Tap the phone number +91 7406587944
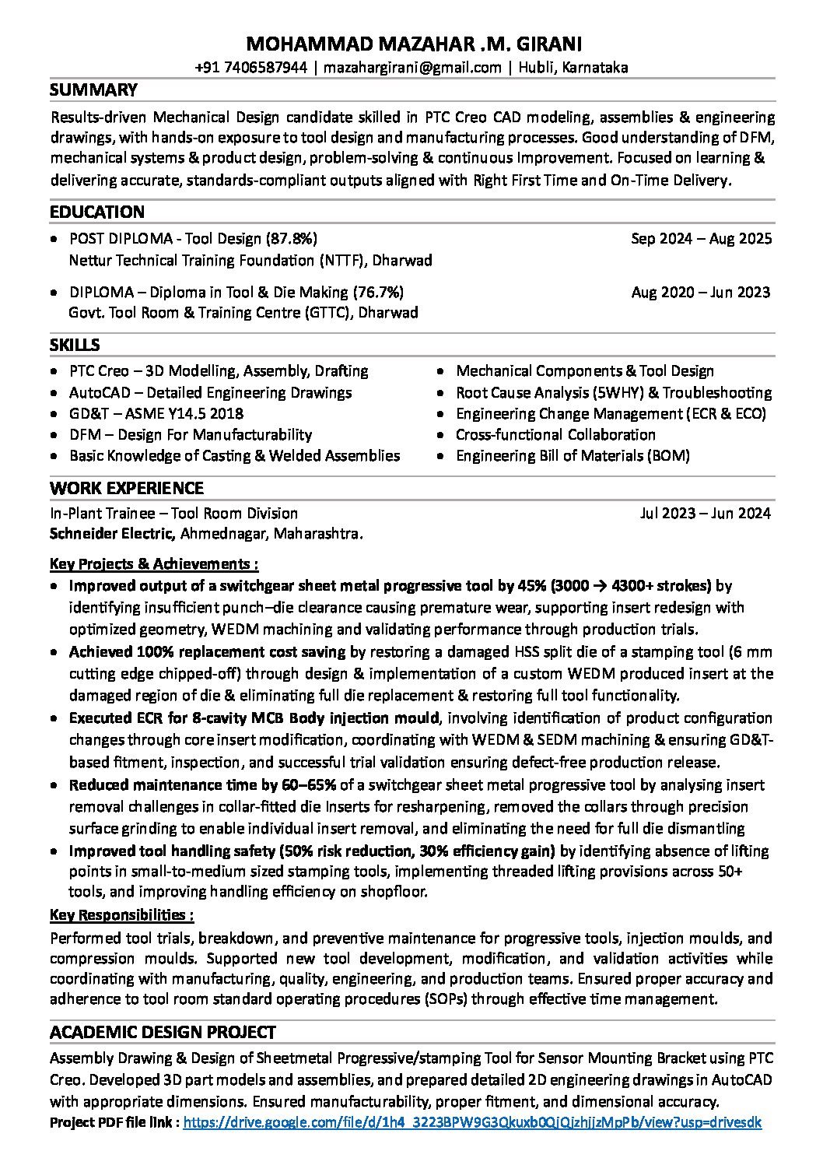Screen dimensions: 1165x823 pos(250,68)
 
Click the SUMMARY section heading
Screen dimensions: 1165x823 pos(93,90)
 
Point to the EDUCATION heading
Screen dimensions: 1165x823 pos(97,212)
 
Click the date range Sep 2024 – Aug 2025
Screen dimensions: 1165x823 pos(701,238)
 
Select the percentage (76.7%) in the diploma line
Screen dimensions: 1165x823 pos(378,293)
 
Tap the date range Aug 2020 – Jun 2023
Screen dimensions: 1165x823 pos(701,293)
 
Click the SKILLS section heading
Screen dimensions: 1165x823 pos(75,345)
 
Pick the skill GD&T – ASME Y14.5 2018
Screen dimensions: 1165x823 pos(156,413)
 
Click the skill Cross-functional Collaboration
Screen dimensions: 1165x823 pos(555,434)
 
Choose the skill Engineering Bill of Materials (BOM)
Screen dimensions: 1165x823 pos(573,455)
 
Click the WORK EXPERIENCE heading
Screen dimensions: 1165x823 pos(127,488)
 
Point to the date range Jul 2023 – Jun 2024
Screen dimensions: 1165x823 pos(705,513)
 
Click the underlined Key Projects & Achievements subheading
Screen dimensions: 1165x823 pos(154,563)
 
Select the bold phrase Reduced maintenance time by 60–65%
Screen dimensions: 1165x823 pos(202,785)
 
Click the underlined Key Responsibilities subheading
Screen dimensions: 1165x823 pos(121,914)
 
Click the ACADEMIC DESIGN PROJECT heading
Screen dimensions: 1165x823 pos(163,1033)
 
